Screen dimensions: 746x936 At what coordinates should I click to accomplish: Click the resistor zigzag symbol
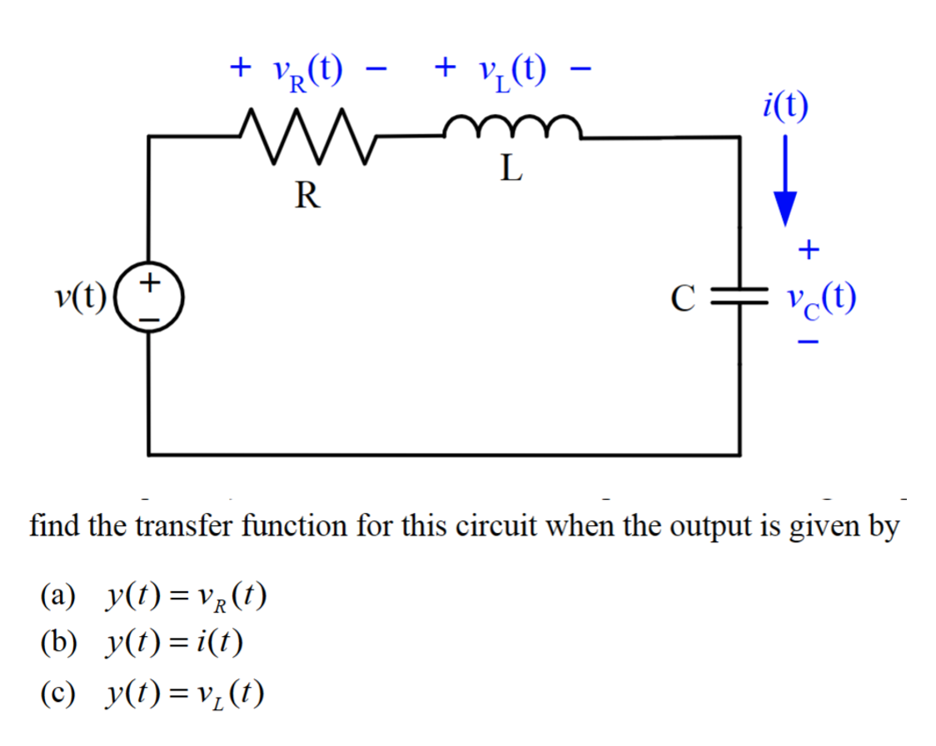point(304,137)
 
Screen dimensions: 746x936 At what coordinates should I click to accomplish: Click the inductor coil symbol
point(511,129)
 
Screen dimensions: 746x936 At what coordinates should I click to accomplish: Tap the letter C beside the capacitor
point(682,297)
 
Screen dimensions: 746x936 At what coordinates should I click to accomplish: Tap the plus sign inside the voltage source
point(150,282)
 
